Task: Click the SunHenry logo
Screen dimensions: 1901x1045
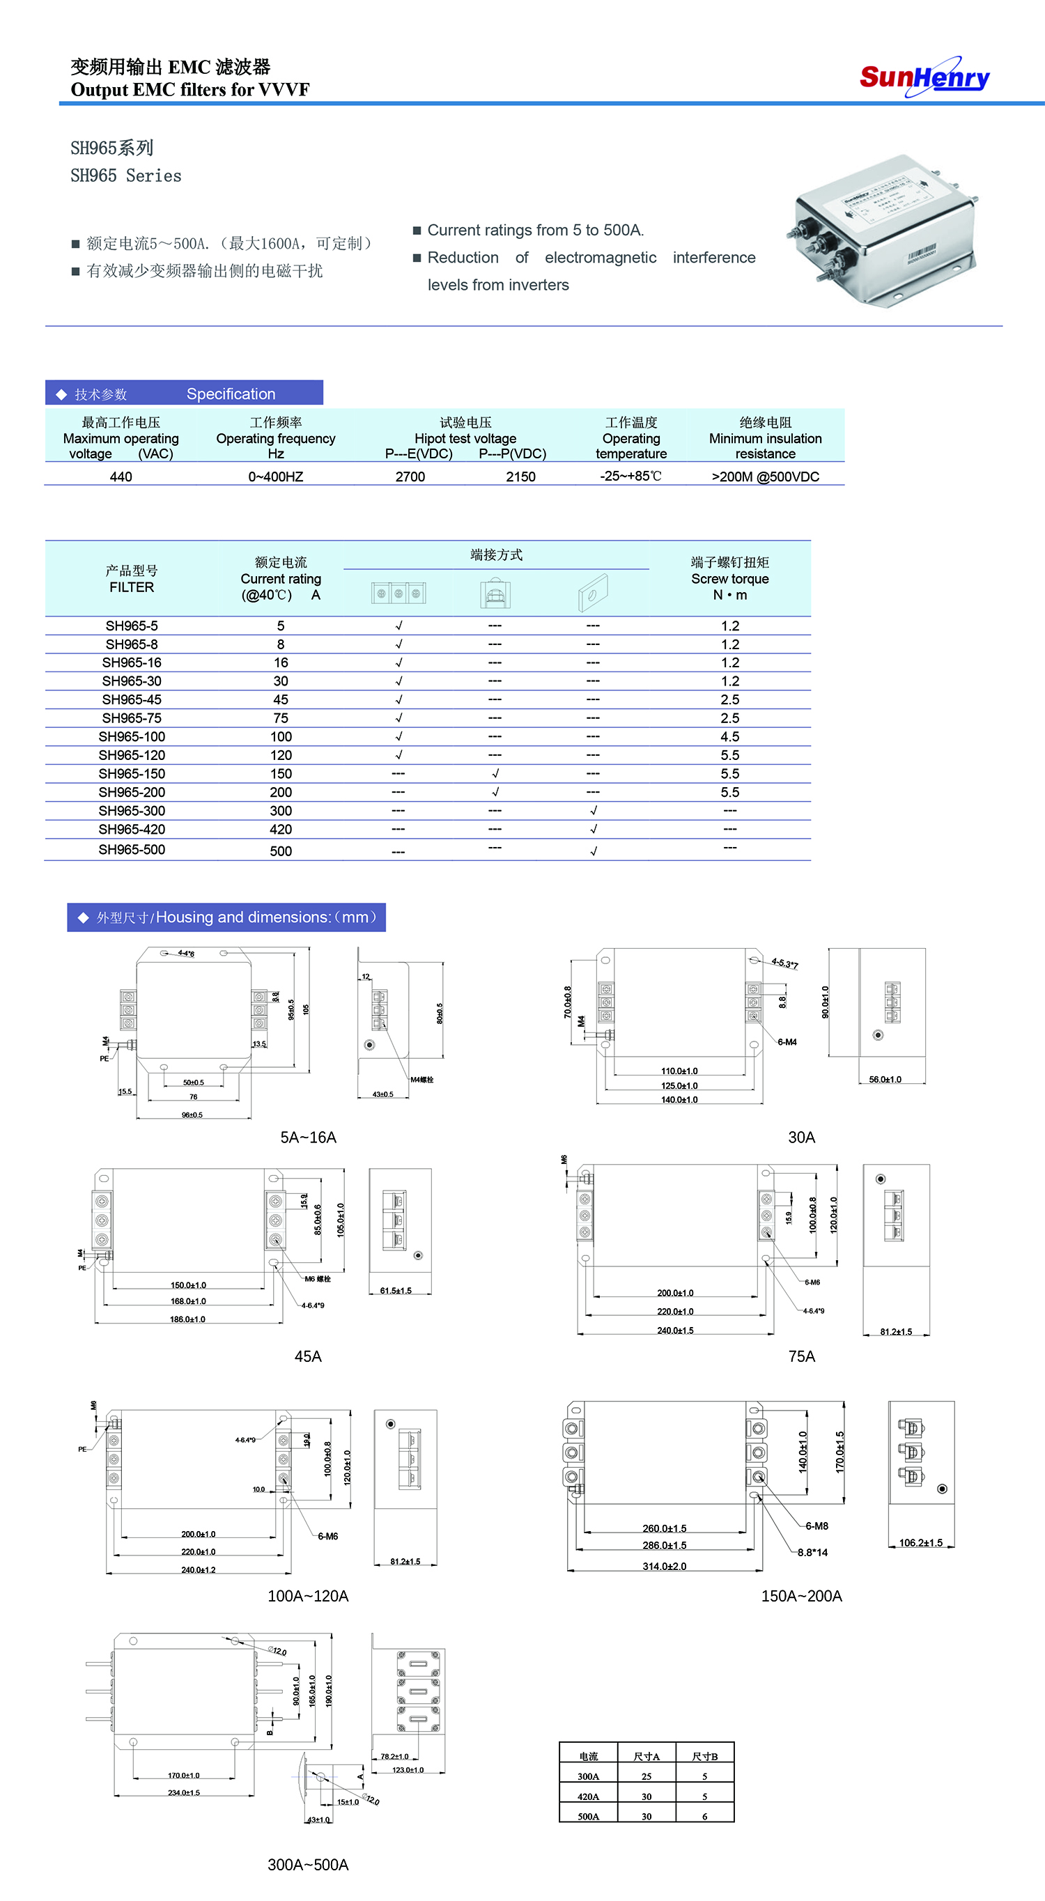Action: [x=924, y=77]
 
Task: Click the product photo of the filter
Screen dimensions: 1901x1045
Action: [x=884, y=231]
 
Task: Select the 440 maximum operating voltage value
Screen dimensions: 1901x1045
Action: [x=121, y=476]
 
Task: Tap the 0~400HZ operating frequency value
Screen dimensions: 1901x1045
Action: [x=275, y=476]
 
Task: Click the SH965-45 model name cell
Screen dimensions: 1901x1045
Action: [x=132, y=699]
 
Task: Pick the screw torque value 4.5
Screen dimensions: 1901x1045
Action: [x=729, y=736]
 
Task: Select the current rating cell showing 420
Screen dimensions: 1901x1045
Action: [x=281, y=830]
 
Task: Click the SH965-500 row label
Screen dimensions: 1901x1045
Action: [x=132, y=849]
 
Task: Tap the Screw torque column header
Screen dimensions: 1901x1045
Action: [x=729, y=579]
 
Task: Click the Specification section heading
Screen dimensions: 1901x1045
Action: [x=231, y=394]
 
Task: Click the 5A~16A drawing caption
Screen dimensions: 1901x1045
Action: [x=308, y=1138]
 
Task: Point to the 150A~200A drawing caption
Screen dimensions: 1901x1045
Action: [x=800, y=1596]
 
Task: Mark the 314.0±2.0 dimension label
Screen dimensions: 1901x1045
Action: [x=663, y=1566]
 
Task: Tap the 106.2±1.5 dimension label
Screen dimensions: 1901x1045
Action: [x=920, y=1542]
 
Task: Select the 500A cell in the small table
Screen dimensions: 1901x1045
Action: [x=588, y=1816]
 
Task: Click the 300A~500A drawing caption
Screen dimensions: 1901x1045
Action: [x=308, y=1865]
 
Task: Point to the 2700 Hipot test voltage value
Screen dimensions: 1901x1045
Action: [x=410, y=476]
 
